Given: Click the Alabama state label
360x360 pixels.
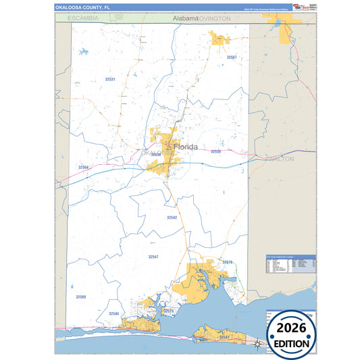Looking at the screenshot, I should coord(185,18).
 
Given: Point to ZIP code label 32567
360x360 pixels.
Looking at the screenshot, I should coord(232,58).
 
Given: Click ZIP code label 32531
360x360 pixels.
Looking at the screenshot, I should coord(110,80).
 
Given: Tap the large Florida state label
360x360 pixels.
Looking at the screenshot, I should coord(186,147).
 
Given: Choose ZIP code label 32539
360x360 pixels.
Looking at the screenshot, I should coord(155,155).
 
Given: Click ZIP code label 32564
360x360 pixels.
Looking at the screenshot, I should coord(83,167).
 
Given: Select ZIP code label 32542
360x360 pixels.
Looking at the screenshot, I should coord(172,217).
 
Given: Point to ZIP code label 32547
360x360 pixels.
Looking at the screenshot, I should coord(153,257).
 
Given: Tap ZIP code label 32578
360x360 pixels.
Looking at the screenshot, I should coord(228,262).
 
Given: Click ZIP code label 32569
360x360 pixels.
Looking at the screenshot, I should coord(81,297).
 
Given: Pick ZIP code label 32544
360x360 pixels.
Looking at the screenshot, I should coord(113,314).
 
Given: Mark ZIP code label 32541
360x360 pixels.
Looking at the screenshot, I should coord(224,336).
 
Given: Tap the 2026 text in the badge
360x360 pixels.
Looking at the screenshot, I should coord(291,328).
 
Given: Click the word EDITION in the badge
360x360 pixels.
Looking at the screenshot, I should coord(291,343).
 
